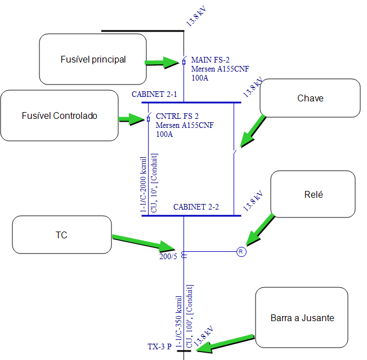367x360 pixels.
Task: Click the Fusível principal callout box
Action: tap(93, 59)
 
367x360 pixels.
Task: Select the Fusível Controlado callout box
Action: tap(59, 115)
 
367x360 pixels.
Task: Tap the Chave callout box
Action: tap(310, 99)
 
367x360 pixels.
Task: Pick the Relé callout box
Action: tap(313, 194)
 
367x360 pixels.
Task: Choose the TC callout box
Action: tap(62, 235)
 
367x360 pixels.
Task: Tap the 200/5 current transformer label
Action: tap(167, 256)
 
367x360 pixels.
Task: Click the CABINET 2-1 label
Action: tap(154, 95)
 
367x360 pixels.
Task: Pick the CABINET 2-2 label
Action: tap(196, 207)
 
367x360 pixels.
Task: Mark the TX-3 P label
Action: tap(159, 347)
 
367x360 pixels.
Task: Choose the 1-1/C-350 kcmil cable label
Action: tap(179, 321)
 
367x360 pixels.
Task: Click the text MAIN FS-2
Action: tap(211, 59)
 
